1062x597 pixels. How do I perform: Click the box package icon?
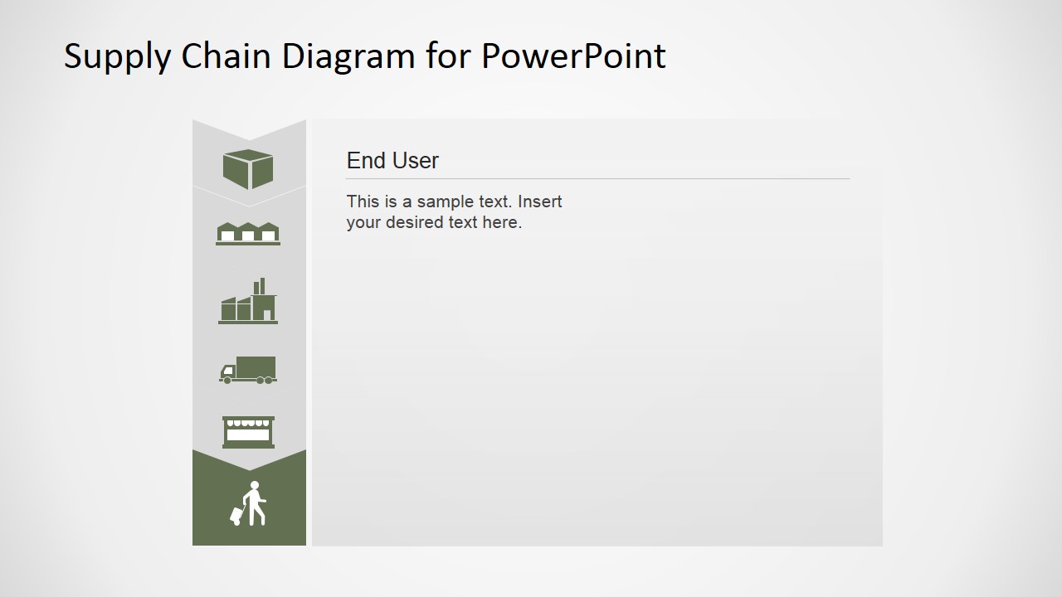coord(248,168)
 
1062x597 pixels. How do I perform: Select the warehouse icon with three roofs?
coord(248,233)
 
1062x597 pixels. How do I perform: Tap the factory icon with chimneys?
coord(248,303)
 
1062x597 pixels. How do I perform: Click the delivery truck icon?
coord(248,370)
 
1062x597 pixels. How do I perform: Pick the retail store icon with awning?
coord(248,432)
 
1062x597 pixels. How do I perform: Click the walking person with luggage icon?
coord(249,503)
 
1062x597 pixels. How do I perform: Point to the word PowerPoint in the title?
coord(572,56)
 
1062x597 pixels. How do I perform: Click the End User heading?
coord(392,161)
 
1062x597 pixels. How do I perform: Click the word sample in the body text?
coord(448,201)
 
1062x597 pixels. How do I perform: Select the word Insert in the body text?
coord(540,201)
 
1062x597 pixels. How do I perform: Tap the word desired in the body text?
coord(413,222)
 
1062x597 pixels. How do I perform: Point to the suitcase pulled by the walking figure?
coord(236,517)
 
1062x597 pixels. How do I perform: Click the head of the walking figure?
coord(254,486)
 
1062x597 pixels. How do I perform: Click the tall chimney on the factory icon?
coord(262,285)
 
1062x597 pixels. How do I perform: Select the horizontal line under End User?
coord(597,178)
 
